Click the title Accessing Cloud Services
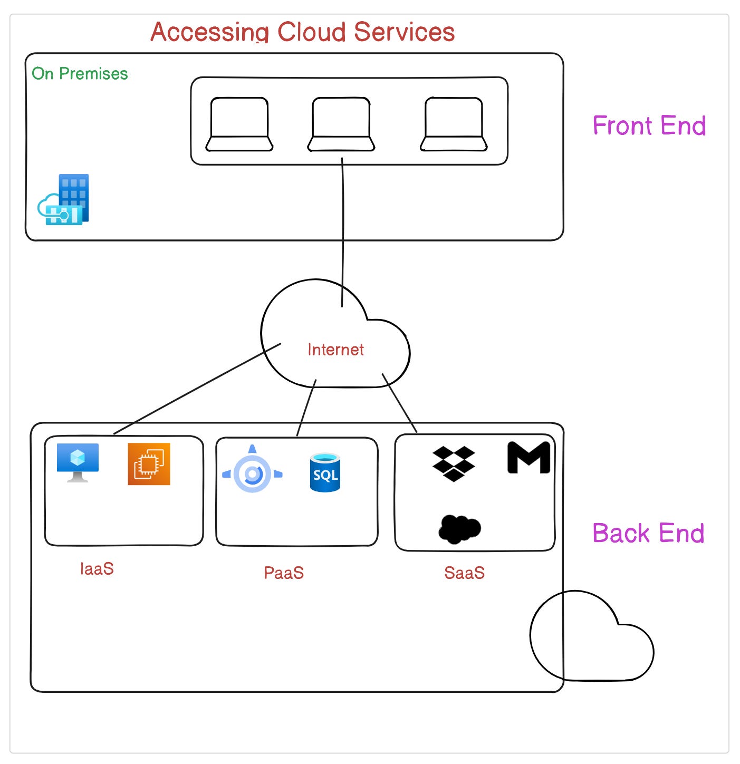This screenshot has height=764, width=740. pos(302,32)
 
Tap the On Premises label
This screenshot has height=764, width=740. pos(80,73)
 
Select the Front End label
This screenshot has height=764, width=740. pos(649,125)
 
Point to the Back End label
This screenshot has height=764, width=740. pos(648,533)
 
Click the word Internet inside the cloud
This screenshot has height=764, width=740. pos(335,349)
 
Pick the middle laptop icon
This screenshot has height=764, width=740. pos(341,124)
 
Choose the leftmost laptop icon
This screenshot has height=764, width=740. pos(239,124)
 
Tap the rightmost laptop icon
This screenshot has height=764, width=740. pos(454,124)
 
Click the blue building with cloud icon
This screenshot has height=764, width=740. pos(64,200)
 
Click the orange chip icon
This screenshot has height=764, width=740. pos(149,464)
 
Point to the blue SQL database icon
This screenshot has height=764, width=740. pos(325,472)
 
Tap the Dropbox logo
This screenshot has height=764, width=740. pos(454,463)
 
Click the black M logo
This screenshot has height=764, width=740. pos(528,458)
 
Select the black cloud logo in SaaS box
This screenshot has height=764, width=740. pos(459,528)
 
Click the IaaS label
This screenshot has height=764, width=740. pos(97,568)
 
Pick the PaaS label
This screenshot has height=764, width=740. pos(284,573)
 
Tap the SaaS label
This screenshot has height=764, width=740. pos(464,573)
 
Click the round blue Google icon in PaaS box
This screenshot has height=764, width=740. pos(252,473)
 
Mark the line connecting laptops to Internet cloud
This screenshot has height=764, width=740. pos(343,232)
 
